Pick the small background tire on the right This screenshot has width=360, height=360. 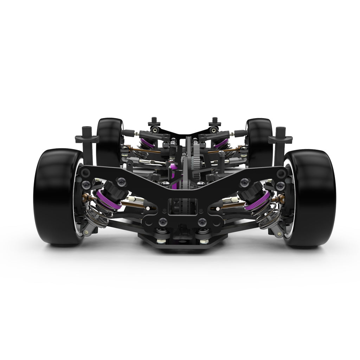260,141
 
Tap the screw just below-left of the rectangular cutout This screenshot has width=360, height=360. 162,222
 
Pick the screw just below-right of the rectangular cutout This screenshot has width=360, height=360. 202,222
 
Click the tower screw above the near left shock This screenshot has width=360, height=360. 122,181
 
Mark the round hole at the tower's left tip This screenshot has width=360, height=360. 85,172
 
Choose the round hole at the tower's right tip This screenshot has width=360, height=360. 281,173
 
